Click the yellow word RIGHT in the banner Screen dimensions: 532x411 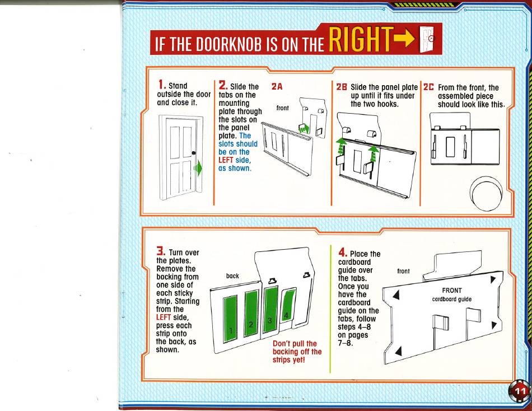(361, 39)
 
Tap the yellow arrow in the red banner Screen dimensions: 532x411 (405, 39)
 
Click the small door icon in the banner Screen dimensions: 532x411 (427, 39)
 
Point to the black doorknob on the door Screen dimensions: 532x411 (194, 153)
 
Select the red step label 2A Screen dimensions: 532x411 (277, 87)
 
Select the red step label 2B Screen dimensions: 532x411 (342, 87)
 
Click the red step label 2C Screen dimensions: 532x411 (428, 87)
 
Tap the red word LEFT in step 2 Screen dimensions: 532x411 (226, 160)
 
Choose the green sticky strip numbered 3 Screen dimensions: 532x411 (270, 309)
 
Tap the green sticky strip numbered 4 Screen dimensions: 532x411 (288, 305)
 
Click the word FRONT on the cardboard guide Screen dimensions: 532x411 (451, 291)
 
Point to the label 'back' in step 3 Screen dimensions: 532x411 (232, 276)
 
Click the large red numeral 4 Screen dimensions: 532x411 (342, 253)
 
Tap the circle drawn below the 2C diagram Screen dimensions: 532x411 (486, 193)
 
